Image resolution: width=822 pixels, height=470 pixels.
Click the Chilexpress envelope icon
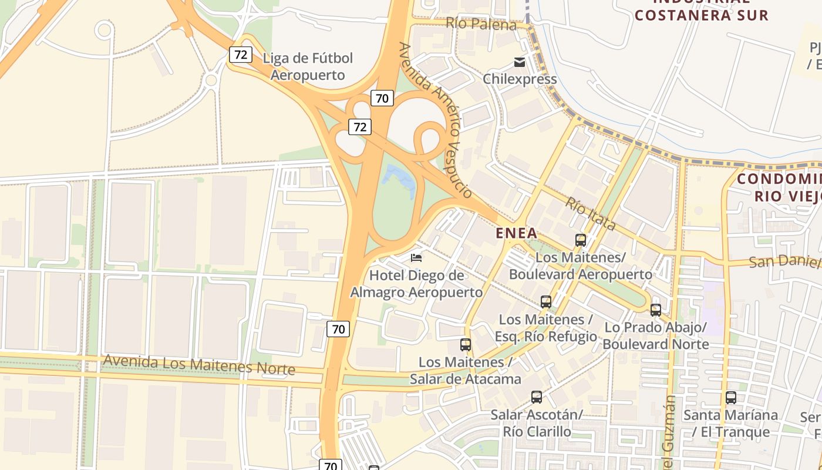(x=520, y=62)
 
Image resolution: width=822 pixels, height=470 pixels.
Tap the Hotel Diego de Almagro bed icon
(x=416, y=257)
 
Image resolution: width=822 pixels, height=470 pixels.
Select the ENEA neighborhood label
(x=516, y=233)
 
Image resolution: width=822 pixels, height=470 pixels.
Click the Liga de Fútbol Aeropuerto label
(x=308, y=66)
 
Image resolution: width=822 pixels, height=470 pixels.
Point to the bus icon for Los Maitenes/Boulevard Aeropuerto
(x=581, y=240)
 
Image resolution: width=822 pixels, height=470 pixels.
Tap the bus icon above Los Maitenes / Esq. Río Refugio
(x=546, y=302)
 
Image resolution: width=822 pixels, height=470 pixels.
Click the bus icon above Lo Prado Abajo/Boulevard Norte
(x=656, y=310)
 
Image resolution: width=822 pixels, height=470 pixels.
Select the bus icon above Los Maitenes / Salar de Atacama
(x=466, y=345)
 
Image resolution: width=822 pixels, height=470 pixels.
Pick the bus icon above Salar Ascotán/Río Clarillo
(x=537, y=397)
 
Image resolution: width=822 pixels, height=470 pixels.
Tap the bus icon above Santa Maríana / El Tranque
(x=731, y=398)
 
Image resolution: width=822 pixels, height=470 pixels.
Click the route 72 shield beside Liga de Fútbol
(x=241, y=55)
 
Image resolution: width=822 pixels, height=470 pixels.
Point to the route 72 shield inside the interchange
(x=360, y=126)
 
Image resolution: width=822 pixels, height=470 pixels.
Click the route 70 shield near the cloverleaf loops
(x=382, y=98)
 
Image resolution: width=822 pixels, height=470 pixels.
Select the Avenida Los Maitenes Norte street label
(x=198, y=365)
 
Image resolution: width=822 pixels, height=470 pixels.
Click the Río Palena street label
(x=481, y=24)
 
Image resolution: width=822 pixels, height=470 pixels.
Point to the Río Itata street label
(x=591, y=214)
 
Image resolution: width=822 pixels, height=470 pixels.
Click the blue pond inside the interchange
(x=400, y=180)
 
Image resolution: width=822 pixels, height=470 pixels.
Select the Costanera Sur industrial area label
(x=701, y=12)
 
